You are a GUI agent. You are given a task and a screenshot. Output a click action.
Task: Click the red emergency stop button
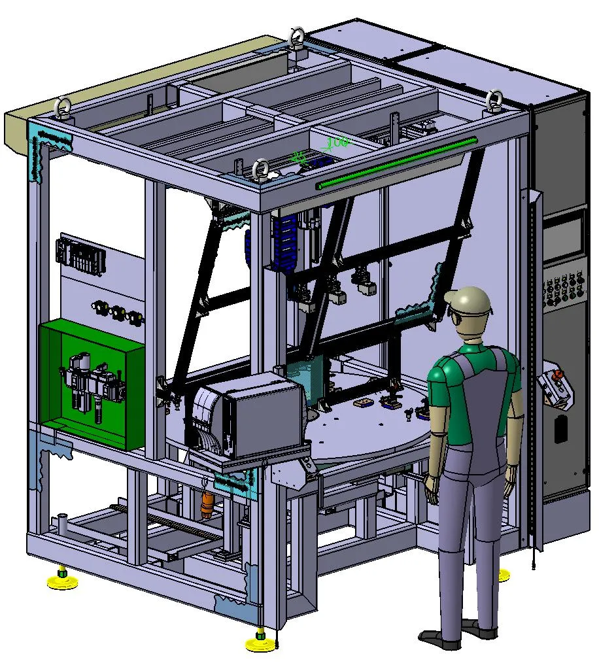click(x=558, y=375)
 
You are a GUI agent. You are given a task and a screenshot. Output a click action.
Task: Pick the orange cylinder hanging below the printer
click(x=207, y=504)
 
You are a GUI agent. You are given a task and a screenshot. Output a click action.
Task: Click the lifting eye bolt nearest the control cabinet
click(x=494, y=99)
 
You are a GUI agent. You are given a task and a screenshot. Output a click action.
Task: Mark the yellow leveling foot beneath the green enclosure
click(x=61, y=581)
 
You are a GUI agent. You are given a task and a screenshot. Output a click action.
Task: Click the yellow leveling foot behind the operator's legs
click(x=502, y=575)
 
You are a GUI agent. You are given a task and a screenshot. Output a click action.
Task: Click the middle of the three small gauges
click(x=119, y=312)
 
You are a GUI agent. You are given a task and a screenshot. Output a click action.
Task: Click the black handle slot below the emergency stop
click(x=560, y=428)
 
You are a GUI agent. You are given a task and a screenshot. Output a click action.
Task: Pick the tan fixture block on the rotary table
click(x=364, y=404)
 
